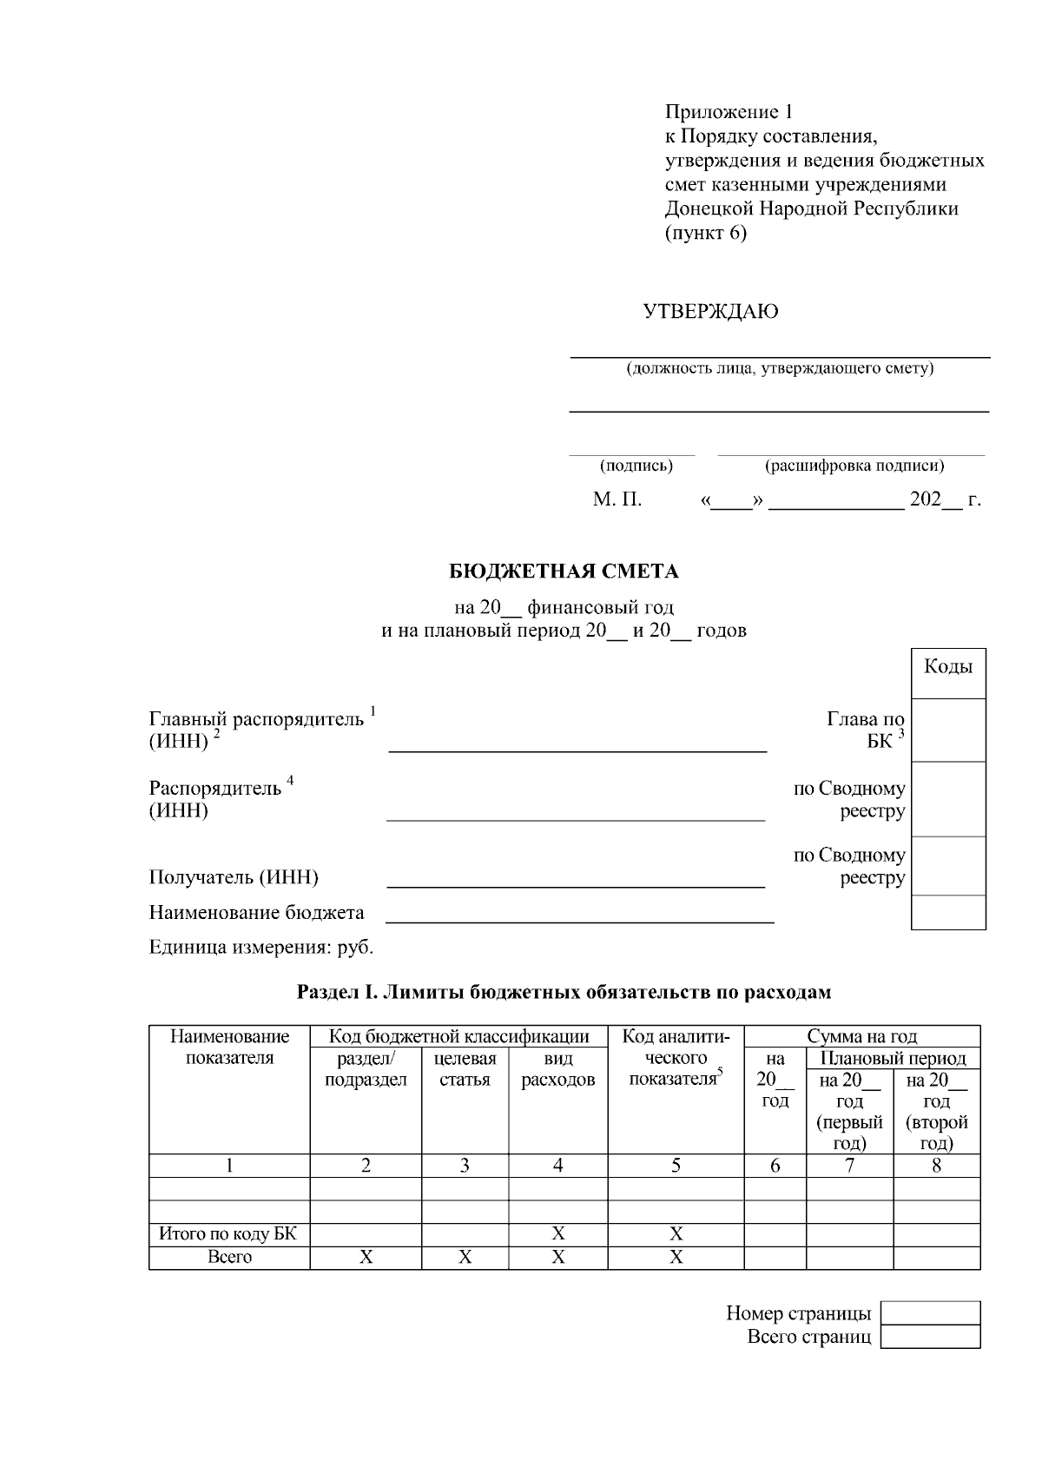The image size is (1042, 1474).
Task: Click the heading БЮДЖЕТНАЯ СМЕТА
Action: pos(564,572)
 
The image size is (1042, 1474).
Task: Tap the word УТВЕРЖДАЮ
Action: pos(710,311)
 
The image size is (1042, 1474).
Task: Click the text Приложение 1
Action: pos(729,112)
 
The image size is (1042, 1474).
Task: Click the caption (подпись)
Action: pos(636,466)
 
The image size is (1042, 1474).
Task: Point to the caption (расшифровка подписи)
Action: pos(854,466)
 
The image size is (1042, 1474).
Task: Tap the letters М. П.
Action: pos(617,500)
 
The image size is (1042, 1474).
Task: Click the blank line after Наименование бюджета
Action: pos(579,916)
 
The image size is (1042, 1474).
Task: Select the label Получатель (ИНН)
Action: pos(234,877)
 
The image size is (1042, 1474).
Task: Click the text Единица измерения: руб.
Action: pos(261,947)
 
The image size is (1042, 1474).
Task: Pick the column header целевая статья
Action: pos(465,1069)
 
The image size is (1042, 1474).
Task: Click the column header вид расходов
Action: pos(557,1069)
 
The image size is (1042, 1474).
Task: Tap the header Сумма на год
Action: pos(861,1036)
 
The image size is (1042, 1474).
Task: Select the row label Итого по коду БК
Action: pos(229,1233)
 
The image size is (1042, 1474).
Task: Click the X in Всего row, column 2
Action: pos(366,1257)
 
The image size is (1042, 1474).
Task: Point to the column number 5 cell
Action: pos(676,1166)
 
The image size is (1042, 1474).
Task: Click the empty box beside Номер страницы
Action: pos(930,1312)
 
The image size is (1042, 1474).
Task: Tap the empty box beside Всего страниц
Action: pos(930,1336)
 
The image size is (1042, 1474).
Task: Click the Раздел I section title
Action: pos(564,992)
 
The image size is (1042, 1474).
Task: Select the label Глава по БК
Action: pos(865,730)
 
